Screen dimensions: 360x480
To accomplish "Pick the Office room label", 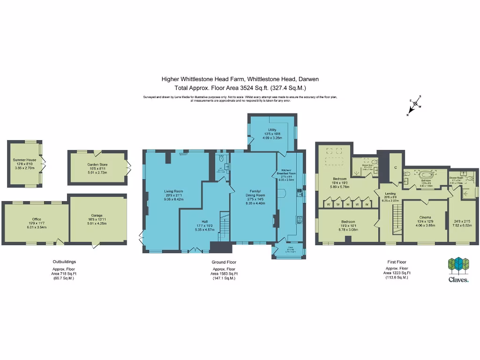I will coord(37,219).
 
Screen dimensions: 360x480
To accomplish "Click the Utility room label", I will coord(272,130).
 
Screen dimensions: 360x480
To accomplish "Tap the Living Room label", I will coord(173,191).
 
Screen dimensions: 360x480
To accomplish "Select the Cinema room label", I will coord(426,217).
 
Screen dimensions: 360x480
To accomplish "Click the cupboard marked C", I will coord(396,167).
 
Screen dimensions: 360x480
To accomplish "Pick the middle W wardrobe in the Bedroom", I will coord(347,204).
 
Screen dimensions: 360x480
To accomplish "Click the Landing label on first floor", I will coord(391,193).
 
